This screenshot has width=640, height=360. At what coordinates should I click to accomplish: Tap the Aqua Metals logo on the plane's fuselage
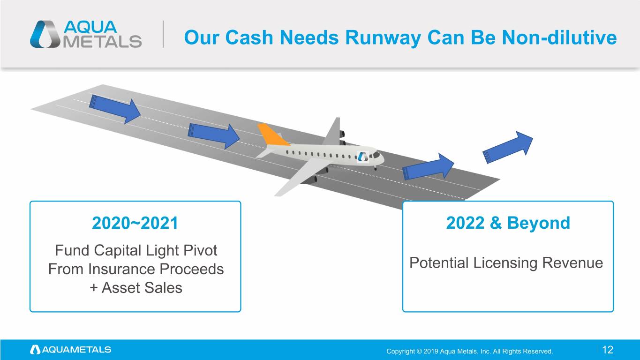pyautogui.click(x=363, y=157)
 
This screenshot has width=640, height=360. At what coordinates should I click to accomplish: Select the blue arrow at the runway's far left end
pyautogui.click(x=115, y=109)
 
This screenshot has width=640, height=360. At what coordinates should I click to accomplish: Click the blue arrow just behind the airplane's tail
pyautogui.click(x=214, y=135)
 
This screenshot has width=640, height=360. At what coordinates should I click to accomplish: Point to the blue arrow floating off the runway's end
pyautogui.click(x=508, y=147)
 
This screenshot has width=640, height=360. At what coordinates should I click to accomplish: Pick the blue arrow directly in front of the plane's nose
pyautogui.click(x=428, y=167)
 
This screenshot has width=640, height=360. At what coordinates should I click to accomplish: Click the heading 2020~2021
pyautogui.click(x=135, y=223)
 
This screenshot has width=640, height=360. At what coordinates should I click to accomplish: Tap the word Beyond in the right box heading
pyautogui.click(x=539, y=223)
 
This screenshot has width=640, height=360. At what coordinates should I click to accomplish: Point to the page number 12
pyautogui.click(x=608, y=350)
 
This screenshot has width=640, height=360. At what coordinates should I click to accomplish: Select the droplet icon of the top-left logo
pyautogui.click(x=45, y=34)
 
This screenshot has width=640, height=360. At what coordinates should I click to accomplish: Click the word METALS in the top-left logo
pyautogui.click(x=102, y=42)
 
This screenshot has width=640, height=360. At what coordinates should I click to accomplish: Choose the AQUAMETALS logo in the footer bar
pyautogui.click(x=71, y=350)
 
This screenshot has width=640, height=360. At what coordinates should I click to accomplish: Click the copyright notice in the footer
pyautogui.click(x=469, y=351)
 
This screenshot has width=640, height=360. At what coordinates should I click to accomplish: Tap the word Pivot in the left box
pyautogui.click(x=200, y=251)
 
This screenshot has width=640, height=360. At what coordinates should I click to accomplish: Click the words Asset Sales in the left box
pyautogui.click(x=142, y=288)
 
